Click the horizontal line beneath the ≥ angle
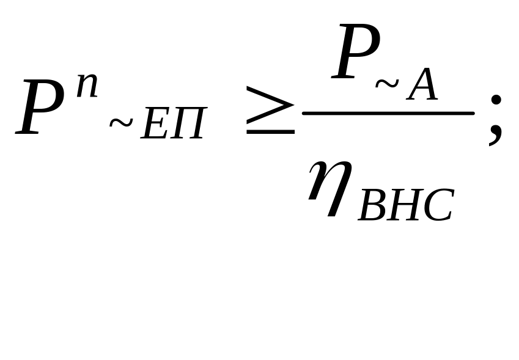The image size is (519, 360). point(270,131)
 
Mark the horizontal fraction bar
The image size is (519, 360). point(389,114)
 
